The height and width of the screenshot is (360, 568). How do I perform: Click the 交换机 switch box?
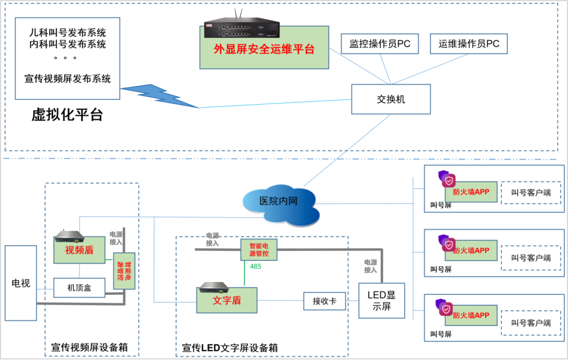[391, 99]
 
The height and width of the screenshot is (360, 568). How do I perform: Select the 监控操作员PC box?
[380, 44]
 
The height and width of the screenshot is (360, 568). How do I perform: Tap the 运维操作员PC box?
[469, 44]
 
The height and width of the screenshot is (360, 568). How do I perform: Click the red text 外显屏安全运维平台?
[264, 50]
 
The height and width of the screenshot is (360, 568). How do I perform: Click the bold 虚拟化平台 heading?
[67, 115]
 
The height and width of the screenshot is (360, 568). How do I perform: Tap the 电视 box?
[21, 283]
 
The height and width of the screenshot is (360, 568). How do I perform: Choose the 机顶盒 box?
[79, 288]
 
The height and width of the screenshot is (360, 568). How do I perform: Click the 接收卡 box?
[324, 301]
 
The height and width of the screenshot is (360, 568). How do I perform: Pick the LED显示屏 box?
[381, 300]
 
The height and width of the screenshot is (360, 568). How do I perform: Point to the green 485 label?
[255, 266]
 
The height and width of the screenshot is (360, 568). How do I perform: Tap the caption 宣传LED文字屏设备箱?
[230, 348]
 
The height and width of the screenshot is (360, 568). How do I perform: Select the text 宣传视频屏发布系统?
[67, 79]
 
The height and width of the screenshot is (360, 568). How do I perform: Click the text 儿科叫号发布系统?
[67, 32]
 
